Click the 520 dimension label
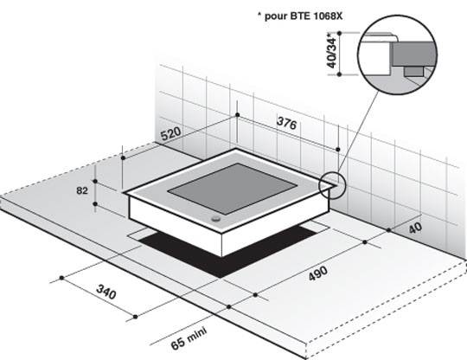171,133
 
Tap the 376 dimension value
287,123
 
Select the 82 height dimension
82,190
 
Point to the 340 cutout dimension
106,292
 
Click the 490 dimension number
318,273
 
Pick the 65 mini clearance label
189,339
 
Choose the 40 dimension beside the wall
415,228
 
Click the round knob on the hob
216,219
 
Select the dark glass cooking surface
233,189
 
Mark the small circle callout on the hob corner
331,185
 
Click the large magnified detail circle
397,55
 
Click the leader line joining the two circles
358,132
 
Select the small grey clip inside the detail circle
414,71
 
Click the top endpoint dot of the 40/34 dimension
339,33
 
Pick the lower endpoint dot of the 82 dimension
95,204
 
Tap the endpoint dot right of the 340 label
136,317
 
